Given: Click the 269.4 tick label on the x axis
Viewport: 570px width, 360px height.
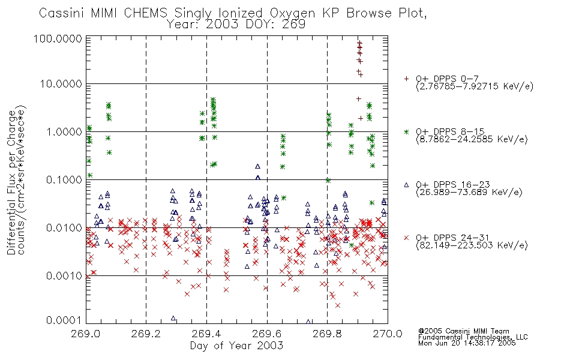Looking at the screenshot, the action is coord(206,334).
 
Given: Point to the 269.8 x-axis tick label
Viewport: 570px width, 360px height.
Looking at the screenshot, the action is coord(327,334).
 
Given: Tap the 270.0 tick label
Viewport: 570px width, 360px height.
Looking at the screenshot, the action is coord(388,334).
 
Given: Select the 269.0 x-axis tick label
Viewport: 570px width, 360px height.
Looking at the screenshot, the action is coord(86,334).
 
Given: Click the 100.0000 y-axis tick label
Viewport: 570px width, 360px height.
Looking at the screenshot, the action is coord(58,38).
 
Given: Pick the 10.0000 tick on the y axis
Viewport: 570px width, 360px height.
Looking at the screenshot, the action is coord(61,84).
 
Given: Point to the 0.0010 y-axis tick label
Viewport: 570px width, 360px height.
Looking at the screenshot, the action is coord(64,276).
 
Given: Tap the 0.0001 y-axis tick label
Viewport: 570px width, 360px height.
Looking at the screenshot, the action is coord(64,320).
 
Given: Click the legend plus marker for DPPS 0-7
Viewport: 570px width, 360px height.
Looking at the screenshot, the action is coord(406,79).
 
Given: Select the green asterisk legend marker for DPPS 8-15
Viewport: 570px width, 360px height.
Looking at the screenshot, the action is coord(406,131).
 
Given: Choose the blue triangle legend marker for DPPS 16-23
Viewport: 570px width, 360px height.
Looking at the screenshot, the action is coord(406,185).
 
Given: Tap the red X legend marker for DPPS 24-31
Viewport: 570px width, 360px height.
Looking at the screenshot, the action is coord(406,238).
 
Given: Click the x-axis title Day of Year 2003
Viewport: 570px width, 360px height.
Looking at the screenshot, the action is coord(236,346).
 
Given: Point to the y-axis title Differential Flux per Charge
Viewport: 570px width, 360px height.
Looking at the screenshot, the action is coord(11,183).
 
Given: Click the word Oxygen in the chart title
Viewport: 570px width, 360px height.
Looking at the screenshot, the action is coord(293,13).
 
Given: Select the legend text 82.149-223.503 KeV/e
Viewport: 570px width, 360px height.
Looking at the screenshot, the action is coord(472,245).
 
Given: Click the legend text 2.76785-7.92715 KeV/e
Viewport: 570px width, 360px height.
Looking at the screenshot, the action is coord(475,86).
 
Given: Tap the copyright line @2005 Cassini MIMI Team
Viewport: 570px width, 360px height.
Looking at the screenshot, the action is coord(463,331).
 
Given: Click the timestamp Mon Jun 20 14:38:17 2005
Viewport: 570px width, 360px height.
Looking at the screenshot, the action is coord(467,343).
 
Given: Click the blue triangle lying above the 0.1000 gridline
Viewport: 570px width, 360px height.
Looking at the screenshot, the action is coord(258,167).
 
